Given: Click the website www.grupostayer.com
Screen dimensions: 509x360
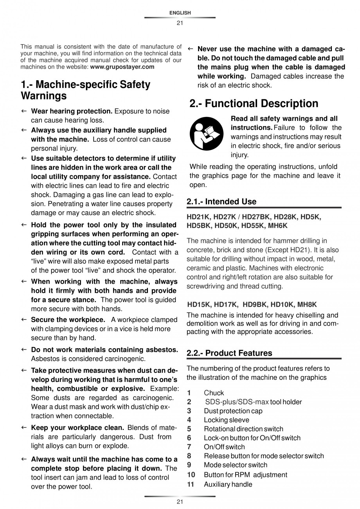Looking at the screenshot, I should tap(122, 67).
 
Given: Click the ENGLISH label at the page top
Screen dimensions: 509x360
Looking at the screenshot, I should tap(180, 13).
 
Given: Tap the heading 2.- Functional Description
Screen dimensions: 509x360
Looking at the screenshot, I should tap(254, 104).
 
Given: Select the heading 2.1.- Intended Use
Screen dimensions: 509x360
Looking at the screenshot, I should tap(221, 202).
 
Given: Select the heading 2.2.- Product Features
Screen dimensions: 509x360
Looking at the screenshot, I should tap(229, 353).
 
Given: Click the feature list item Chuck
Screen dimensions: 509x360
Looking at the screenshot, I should tap(214, 393).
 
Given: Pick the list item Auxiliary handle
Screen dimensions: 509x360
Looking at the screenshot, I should tap(228, 484).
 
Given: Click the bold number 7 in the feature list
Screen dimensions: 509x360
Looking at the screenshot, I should tap(189, 447).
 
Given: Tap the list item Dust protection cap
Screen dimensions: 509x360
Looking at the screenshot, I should tap(233, 411).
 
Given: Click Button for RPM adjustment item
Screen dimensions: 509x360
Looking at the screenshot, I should tap(245, 475).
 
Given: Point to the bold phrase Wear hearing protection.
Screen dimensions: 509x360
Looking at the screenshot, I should tap(72, 111).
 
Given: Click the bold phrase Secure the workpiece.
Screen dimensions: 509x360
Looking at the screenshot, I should tap(68, 320).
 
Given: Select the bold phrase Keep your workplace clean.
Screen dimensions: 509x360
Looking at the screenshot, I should tap(77, 428).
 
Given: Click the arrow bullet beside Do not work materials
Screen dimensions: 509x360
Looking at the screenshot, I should tap(24, 349).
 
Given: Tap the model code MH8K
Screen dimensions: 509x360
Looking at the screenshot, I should tap(307, 304).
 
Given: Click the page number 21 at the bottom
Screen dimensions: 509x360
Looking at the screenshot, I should tap(180, 502).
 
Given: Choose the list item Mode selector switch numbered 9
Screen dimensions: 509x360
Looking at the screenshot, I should tap(235, 465).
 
